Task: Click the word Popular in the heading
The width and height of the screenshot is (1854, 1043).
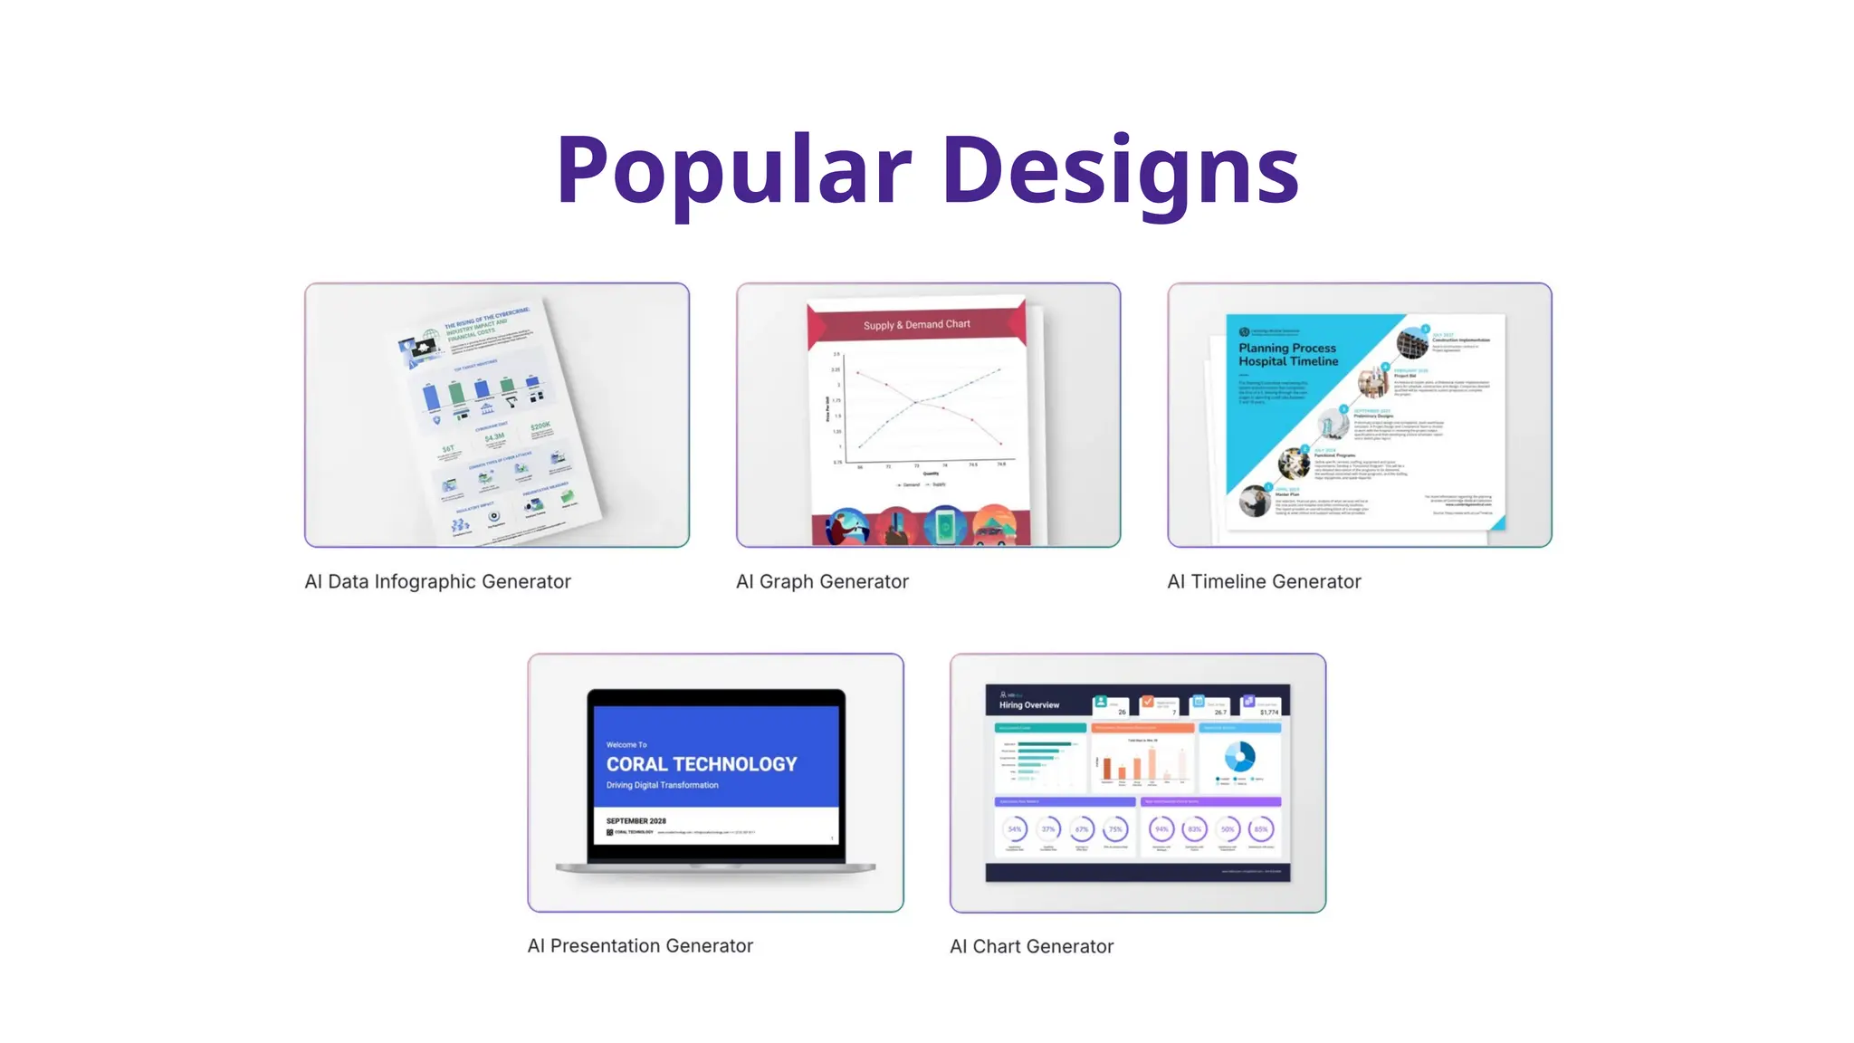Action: (733, 169)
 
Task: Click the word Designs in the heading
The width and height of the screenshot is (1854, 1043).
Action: (1121, 169)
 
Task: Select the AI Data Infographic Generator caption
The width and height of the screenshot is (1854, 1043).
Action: (437, 582)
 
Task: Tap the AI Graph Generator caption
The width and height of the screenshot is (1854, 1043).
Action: (822, 582)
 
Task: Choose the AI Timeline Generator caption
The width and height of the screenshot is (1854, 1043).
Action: (1264, 582)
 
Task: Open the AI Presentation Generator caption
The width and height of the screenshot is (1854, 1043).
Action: (640, 946)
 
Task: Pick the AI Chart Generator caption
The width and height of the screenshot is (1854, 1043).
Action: (1031, 947)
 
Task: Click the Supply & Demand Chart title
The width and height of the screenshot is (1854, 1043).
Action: (916, 324)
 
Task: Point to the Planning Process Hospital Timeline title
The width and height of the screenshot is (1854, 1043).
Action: (1288, 355)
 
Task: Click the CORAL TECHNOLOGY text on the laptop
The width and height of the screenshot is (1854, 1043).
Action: (702, 764)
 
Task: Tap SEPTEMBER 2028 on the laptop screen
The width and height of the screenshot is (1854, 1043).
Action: (636, 821)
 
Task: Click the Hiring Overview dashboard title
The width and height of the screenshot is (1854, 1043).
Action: (1029, 704)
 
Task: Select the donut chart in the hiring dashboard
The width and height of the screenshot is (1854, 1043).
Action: (1239, 756)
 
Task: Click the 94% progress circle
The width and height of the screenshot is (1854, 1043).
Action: (1161, 829)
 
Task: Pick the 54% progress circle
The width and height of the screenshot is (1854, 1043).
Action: (1015, 829)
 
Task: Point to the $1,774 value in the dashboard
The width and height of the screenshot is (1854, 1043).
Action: (1269, 713)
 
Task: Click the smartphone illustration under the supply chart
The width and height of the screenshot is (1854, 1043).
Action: (944, 526)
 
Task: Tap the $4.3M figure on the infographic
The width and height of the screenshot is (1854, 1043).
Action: (494, 438)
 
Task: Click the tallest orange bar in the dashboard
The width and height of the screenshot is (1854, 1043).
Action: (1152, 763)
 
